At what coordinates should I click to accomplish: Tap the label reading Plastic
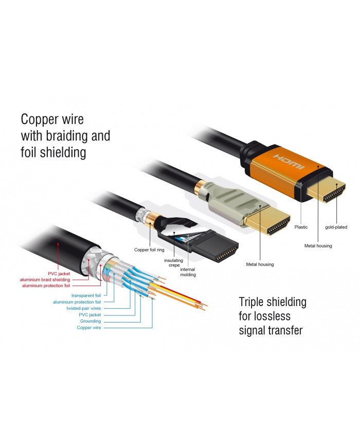301,226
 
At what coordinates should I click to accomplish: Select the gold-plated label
336,226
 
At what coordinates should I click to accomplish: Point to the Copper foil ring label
149,249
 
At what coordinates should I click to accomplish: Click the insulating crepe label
173,262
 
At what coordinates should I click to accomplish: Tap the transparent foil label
86,295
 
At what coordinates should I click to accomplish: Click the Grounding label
89,321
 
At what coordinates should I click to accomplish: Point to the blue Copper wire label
89,327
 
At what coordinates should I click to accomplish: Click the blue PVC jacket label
89,314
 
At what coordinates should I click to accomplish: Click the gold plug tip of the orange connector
328,192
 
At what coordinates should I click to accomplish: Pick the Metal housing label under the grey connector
259,264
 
